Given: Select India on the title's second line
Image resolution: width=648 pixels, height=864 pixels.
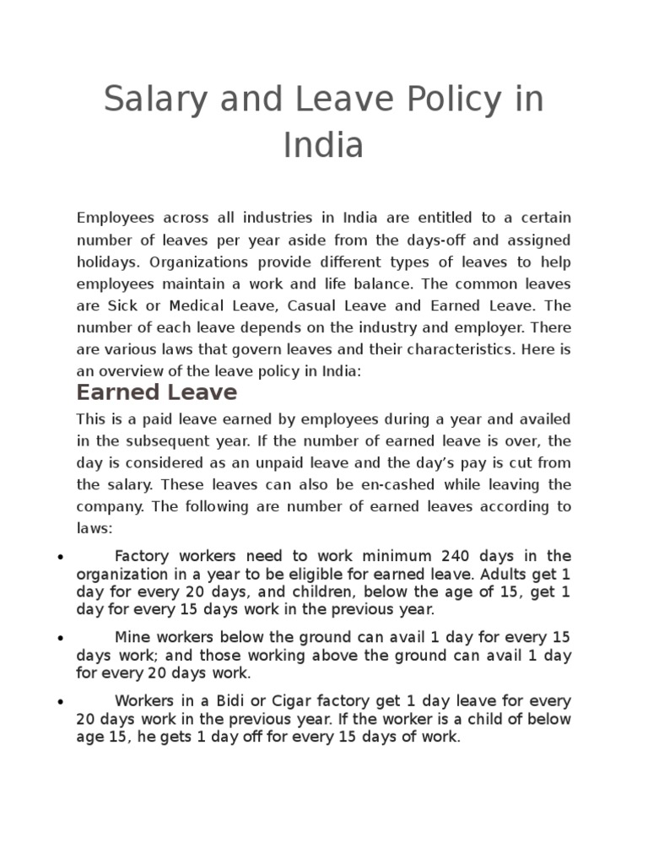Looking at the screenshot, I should tap(323, 145).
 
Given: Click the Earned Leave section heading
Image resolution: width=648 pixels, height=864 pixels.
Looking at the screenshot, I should tap(157, 392).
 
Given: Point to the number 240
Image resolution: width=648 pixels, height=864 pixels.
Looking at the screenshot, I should tap(457, 556).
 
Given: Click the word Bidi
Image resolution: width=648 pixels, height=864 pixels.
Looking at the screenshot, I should tap(238, 701).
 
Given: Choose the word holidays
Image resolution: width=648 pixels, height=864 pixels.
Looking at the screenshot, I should tap(105, 262).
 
